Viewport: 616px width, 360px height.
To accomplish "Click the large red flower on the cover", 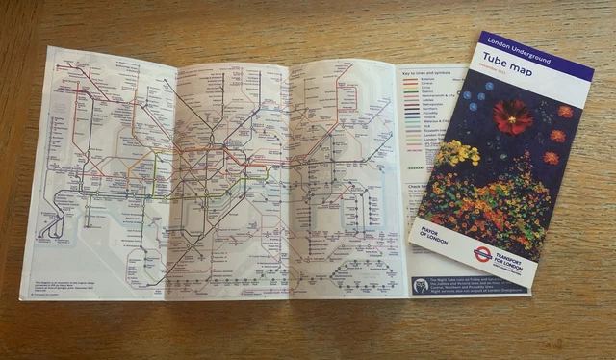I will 512,116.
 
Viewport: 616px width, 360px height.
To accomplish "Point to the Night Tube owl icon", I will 421,285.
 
